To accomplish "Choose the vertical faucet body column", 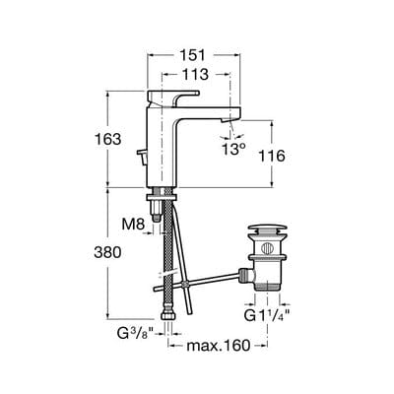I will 163,148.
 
